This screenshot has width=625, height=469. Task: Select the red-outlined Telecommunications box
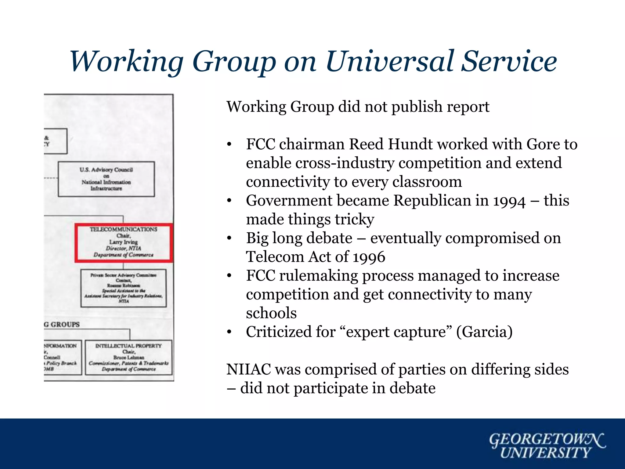tap(124, 243)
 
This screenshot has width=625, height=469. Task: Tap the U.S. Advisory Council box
tap(106, 179)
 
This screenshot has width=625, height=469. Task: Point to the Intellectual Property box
tap(128, 358)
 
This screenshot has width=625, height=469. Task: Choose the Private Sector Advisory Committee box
tap(124, 288)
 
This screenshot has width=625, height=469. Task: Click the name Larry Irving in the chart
tap(124, 242)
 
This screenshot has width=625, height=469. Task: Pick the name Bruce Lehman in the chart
tap(128, 357)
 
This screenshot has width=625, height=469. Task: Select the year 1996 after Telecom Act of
tap(369, 257)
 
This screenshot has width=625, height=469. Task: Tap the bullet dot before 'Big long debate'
tap(229, 238)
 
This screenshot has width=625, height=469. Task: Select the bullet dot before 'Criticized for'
tap(229, 332)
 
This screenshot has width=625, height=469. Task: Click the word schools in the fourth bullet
tap(271, 313)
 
